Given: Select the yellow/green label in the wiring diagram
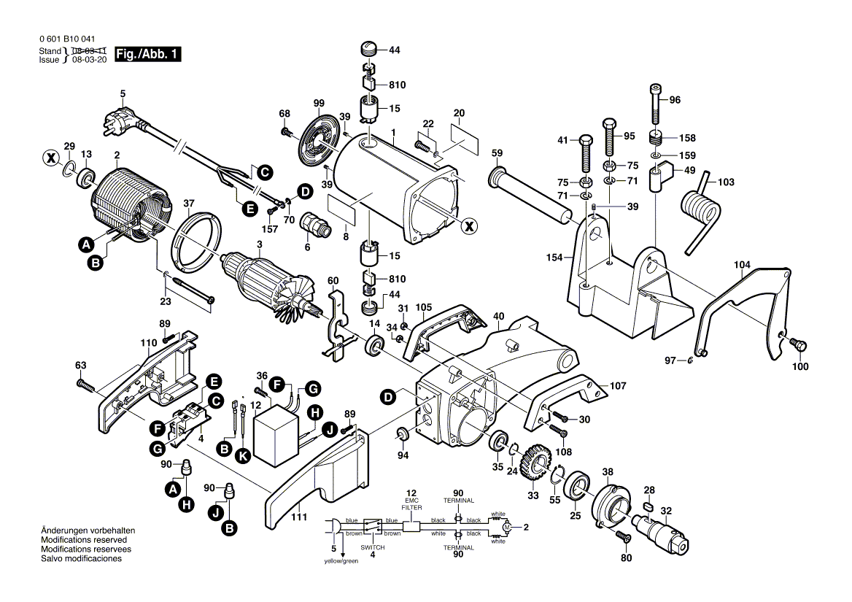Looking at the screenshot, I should click(341, 561).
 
